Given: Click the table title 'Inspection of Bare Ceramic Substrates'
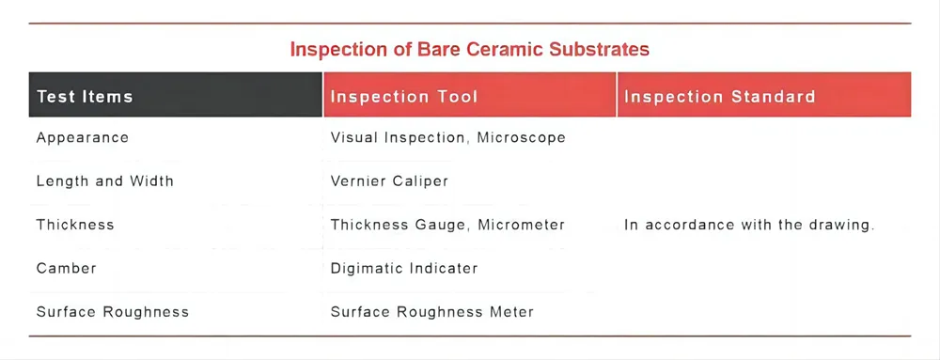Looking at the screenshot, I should [469, 49].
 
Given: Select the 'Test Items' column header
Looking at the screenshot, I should [85, 96].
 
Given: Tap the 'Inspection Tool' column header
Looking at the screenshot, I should [404, 96].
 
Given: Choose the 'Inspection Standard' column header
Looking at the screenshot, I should [719, 96].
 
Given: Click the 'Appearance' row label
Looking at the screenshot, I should [83, 138].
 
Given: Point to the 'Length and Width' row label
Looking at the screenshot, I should [105, 180].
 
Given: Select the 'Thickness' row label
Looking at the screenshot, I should [75, 225].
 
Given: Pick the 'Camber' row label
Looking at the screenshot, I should [67, 268].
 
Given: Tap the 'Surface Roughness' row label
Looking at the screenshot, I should [113, 311].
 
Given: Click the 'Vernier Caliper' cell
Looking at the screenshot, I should [389, 180].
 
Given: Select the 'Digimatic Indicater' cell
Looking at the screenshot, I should [404, 268].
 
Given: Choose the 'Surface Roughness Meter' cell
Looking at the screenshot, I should [432, 311].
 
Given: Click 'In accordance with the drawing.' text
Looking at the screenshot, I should [749, 225].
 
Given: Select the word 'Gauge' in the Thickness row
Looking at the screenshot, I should [442, 225].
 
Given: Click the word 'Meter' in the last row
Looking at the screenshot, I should [511, 311].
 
